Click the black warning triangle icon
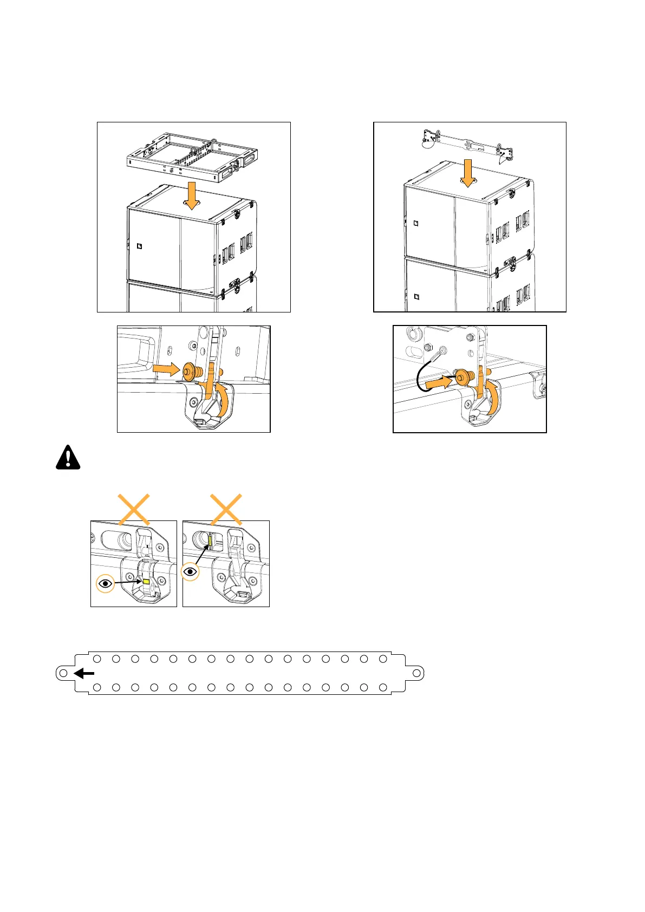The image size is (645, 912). coord(68,458)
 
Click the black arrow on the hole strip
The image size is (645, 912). coord(84,673)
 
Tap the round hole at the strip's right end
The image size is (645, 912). coord(416,673)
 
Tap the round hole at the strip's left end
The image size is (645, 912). coord(63,673)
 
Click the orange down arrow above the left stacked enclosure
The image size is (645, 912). coord(191,196)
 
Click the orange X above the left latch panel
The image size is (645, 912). coord(134,509)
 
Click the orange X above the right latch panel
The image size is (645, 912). coord(226,509)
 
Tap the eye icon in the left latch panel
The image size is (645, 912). coord(106,583)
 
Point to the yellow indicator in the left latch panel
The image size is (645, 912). coord(146,581)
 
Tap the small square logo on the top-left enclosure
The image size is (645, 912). coord(139,247)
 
